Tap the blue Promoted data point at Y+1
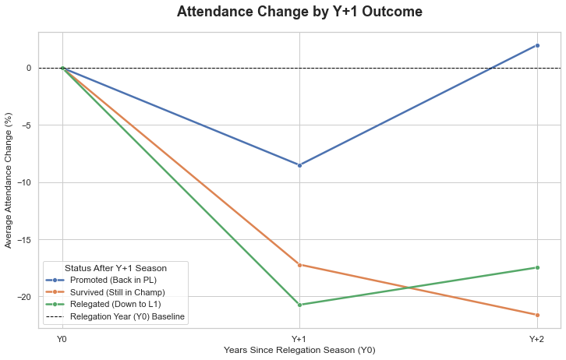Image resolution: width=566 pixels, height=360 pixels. pyautogui.click(x=299, y=165)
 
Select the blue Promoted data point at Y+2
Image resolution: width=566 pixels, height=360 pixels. pyautogui.click(x=537, y=45)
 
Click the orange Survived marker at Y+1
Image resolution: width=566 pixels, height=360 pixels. pyautogui.click(x=299, y=265)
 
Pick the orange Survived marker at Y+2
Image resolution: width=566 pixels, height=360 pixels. pyautogui.click(x=537, y=315)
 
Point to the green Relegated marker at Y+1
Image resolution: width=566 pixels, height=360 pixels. pyautogui.click(x=299, y=305)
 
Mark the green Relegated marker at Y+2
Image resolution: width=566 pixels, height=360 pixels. pyautogui.click(x=537, y=267)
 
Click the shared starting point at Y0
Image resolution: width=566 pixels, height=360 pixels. pyautogui.click(x=62, y=68)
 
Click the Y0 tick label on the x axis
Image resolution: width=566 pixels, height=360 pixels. pyautogui.click(x=62, y=339)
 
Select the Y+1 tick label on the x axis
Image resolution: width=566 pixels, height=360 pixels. pyautogui.click(x=299, y=339)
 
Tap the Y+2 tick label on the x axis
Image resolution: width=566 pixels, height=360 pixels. pyautogui.click(x=537, y=339)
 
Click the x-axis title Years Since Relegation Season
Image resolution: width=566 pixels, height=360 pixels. pyautogui.click(x=299, y=351)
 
